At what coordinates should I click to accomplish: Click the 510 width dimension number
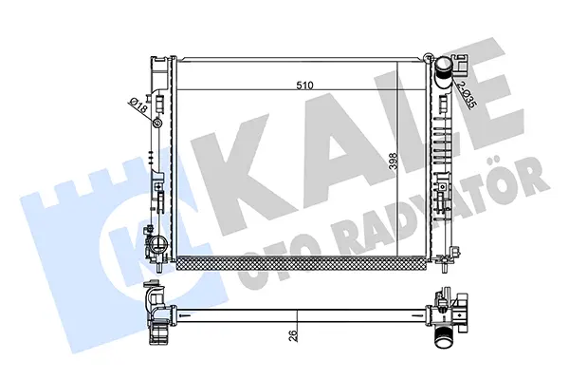pos(304,85)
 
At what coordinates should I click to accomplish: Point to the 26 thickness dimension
pos(294,334)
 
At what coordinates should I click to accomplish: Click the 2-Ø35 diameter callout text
pos(467,95)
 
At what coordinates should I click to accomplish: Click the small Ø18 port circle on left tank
pos(157,123)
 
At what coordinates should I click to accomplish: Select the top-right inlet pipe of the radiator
pos(443,74)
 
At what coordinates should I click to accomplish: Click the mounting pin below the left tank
pos(159,266)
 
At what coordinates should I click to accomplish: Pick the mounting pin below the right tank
pos(445,266)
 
